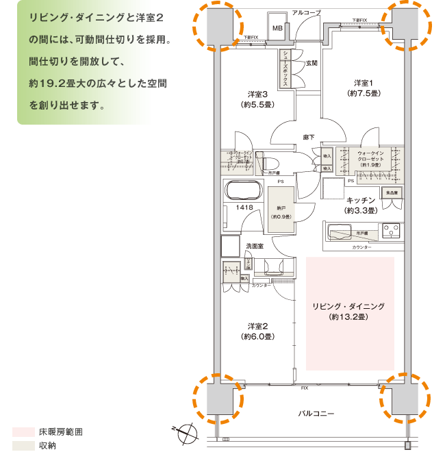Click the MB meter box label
coord(277,28)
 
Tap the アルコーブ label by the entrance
coord(305,13)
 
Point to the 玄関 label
coord(311,63)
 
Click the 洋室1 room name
coord(364,81)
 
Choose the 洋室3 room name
coord(257,94)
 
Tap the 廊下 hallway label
coord(309,137)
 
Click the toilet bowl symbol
coord(270,162)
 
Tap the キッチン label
coord(361,200)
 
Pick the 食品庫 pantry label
coord(391,194)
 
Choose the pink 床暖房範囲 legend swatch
coord(23,432)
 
